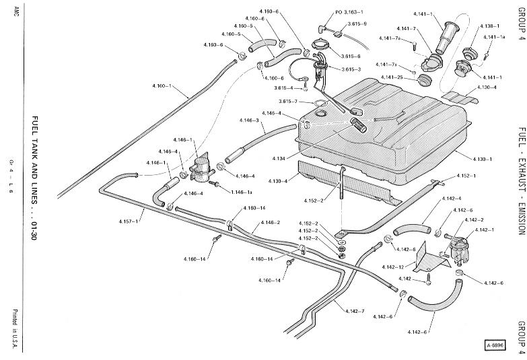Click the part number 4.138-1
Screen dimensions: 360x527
[x=489, y=26]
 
